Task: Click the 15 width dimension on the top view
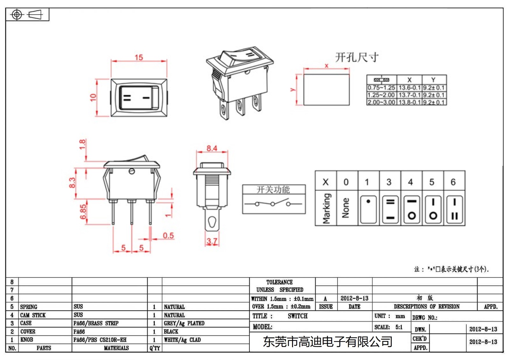tap(139, 57)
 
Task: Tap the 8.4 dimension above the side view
tap(212, 148)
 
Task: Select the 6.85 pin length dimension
tap(83, 212)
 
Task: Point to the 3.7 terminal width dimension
tap(212, 241)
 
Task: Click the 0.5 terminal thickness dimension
tap(168, 236)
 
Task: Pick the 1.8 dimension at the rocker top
tap(82, 144)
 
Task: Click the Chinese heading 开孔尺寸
tap(357, 57)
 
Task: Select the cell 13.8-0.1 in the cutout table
tap(409, 102)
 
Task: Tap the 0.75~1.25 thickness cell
tap(381, 88)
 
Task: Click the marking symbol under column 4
tap(412, 209)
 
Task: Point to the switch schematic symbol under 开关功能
tap(273, 203)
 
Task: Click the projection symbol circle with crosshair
tap(17, 15)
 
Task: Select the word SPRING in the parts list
tap(29, 307)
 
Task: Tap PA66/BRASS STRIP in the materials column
tap(96, 323)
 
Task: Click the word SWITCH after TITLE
tap(297, 316)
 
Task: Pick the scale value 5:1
tap(399, 327)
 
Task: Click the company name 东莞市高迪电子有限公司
tap(327, 342)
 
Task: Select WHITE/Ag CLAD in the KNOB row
tap(182, 340)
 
